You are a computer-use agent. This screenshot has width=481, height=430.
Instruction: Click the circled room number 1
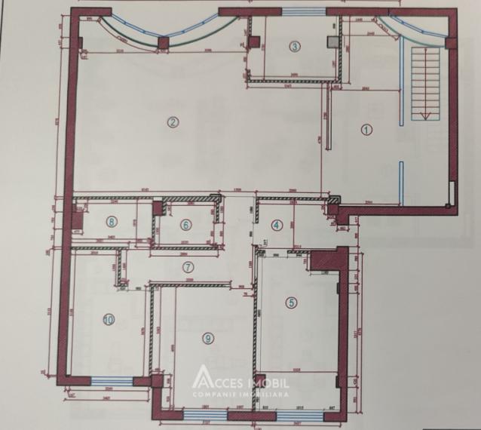click(x=368, y=129)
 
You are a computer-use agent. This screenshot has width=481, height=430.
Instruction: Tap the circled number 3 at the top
click(x=295, y=47)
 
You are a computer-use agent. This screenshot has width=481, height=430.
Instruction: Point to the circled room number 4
click(x=277, y=224)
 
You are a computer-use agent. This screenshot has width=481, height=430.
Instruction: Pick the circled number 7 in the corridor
click(x=188, y=266)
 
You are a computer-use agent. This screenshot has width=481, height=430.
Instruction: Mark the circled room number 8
click(x=112, y=222)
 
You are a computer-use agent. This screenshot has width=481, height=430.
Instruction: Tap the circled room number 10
click(x=109, y=320)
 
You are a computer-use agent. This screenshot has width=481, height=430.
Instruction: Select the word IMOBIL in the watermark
click(x=268, y=380)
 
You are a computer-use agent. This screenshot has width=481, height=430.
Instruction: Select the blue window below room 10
click(x=110, y=379)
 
